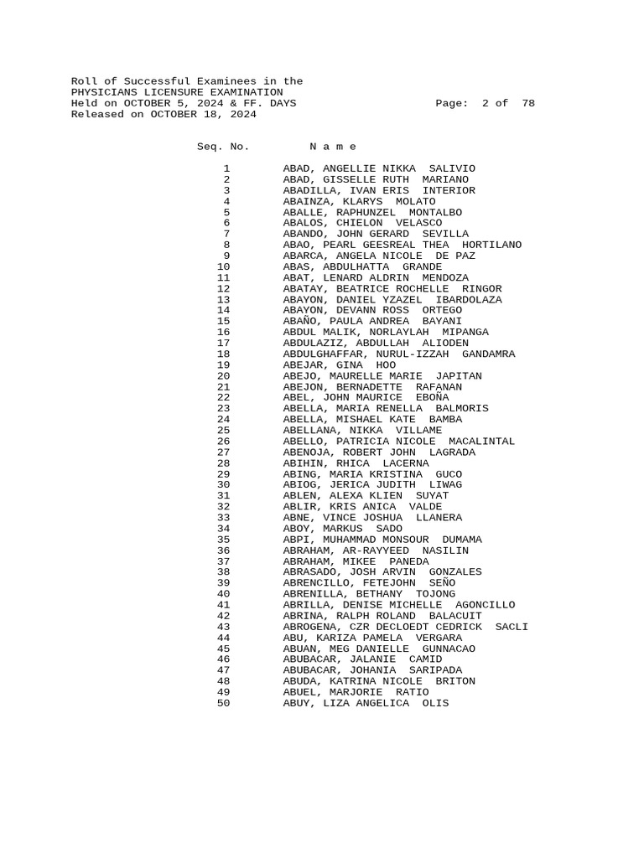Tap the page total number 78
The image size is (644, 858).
(x=527, y=103)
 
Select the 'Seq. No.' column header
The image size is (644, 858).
(x=223, y=147)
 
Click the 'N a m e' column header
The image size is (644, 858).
(x=333, y=147)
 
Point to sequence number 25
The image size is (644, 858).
(x=223, y=430)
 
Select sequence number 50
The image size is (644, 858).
(x=223, y=703)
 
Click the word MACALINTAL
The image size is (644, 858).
(x=481, y=441)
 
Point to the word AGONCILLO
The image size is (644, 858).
(x=485, y=604)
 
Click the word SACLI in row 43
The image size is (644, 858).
(x=512, y=626)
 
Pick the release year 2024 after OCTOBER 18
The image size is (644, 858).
(x=243, y=114)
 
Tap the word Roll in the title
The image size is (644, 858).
(x=84, y=81)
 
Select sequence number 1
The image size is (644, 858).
(x=226, y=168)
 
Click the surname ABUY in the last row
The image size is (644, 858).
(x=296, y=703)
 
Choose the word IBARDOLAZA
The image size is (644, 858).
(x=469, y=299)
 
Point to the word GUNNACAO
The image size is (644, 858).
(x=448, y=649)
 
